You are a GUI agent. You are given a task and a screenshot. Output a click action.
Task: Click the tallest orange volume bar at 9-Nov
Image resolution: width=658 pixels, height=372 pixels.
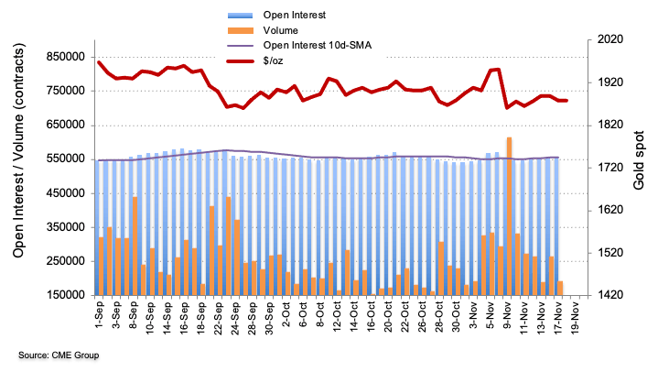pos(509,215)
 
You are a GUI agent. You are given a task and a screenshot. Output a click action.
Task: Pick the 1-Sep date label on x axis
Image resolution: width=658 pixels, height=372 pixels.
pos(100,318)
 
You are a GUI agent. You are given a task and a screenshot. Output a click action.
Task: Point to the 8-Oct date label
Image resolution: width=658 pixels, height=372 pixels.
pos(321,318)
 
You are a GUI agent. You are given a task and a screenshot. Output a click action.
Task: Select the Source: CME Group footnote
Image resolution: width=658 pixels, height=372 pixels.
pos(58,355)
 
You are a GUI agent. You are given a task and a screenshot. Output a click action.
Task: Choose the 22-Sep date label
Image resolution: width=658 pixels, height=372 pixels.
pos(217,318)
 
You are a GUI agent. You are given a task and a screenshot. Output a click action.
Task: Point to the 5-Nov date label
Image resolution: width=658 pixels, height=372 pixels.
pos(493,318)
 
